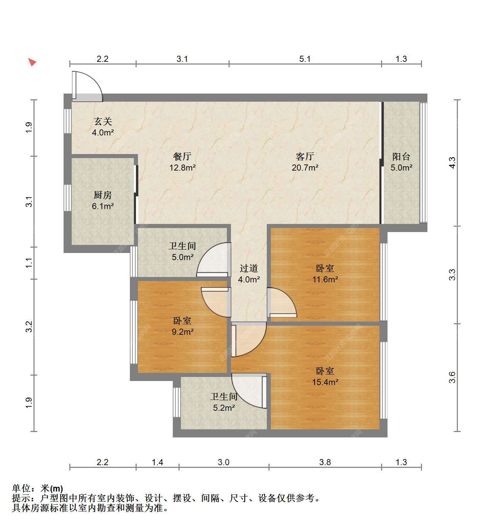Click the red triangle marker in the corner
[x=32, y=62]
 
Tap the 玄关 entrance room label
[x=103, y=121]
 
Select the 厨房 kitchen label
[x=103, y=195]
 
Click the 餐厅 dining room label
[x=182, y=156]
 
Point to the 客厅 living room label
[x=305, y=156]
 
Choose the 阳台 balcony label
[x=401, y=156]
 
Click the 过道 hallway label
[x=249, y=268]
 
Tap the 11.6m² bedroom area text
[x=325, y=279]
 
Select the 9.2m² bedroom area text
[x=183, y=332]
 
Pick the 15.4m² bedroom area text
[x=325, y=382]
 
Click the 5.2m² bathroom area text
[x=224, y=408]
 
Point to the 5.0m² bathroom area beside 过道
[x=183, y=257]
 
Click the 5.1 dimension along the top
[x=305, y=59]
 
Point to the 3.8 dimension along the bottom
[x=325, y=462]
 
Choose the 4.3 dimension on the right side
[x=452, y=162]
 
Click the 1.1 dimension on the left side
[x=29, y=263]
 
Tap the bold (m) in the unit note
[x=56, y=488]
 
